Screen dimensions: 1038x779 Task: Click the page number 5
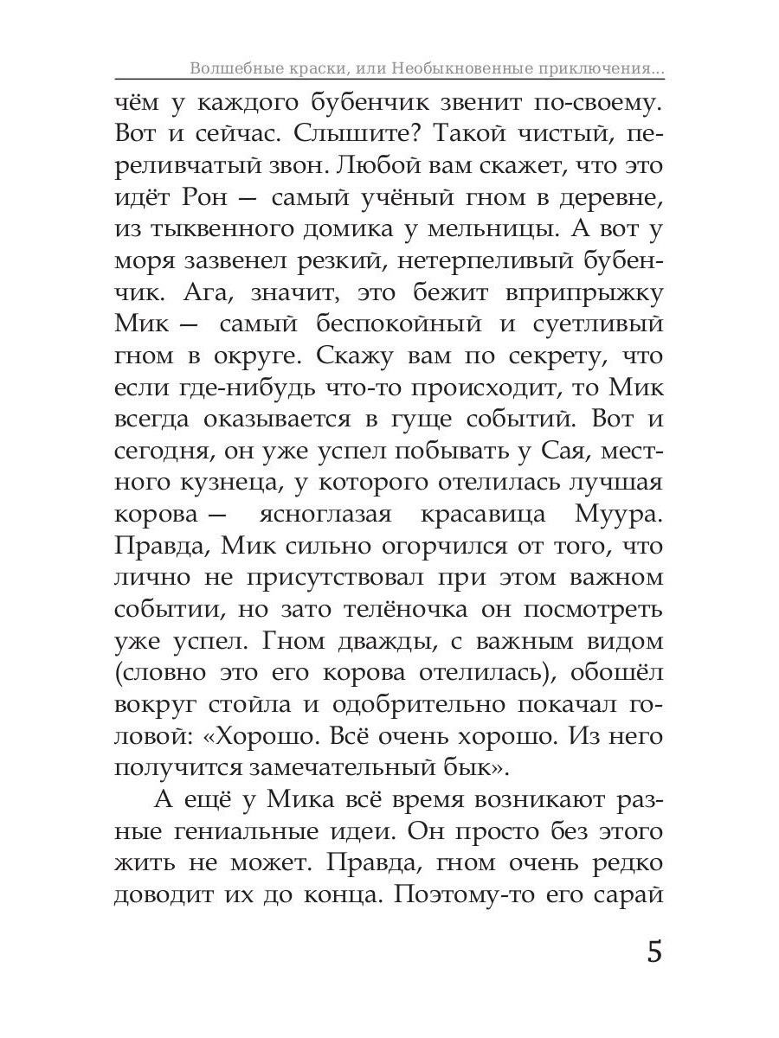pyautogui.click(x=653, y=953)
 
